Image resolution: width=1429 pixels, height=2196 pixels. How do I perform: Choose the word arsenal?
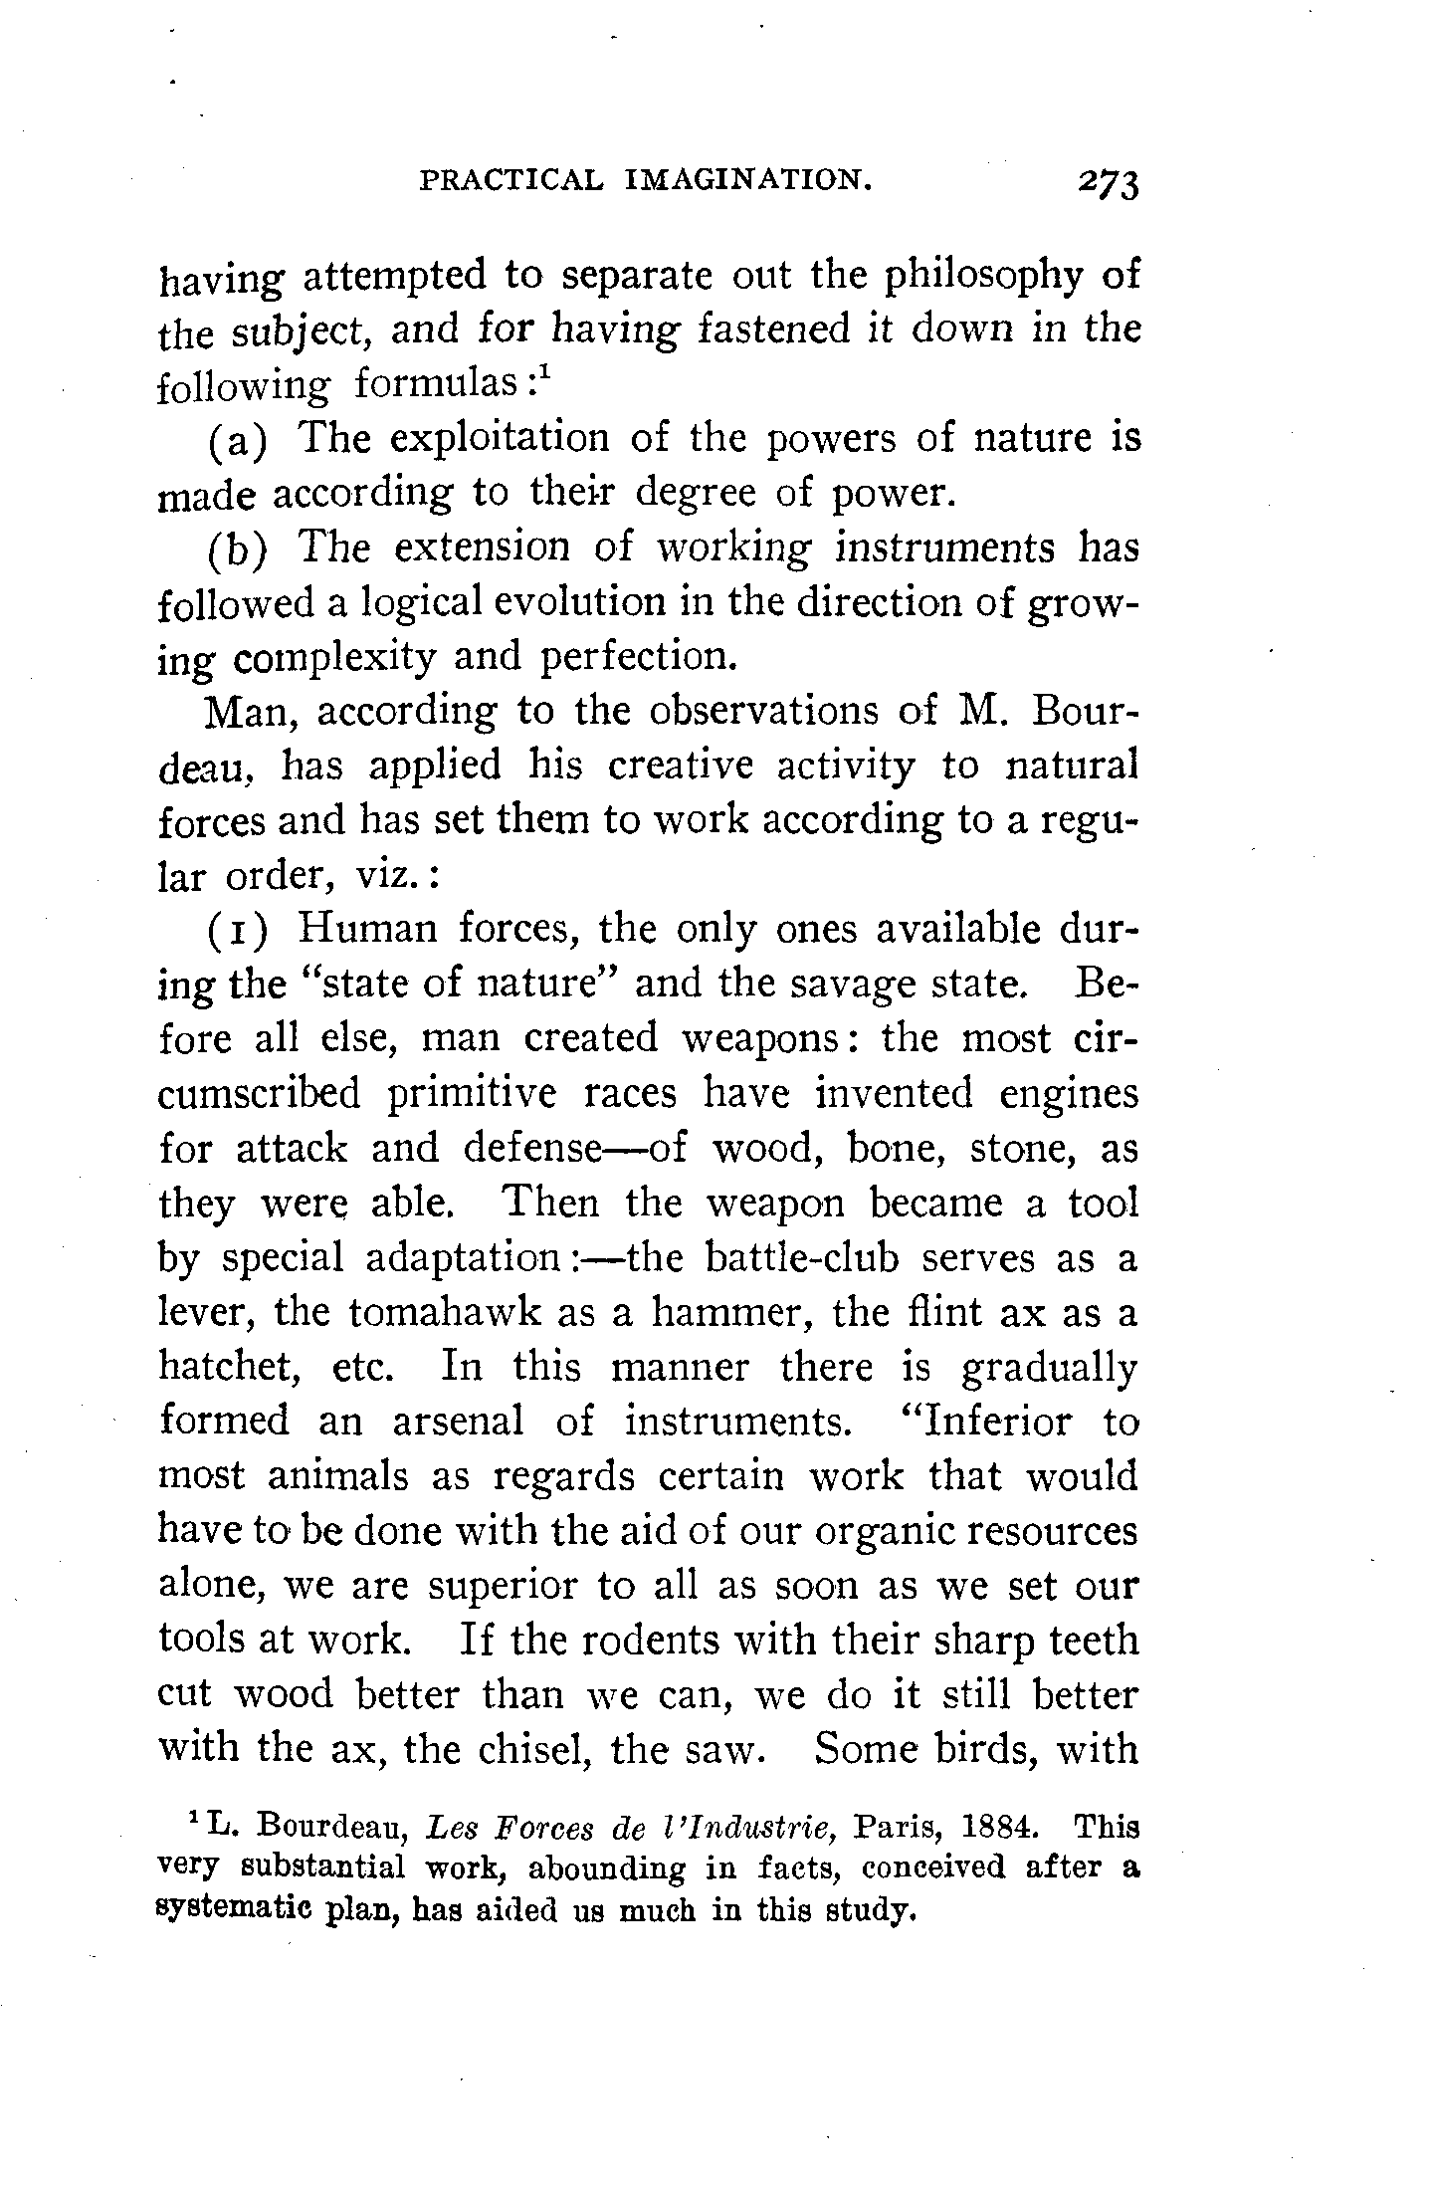click(457, 1422)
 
